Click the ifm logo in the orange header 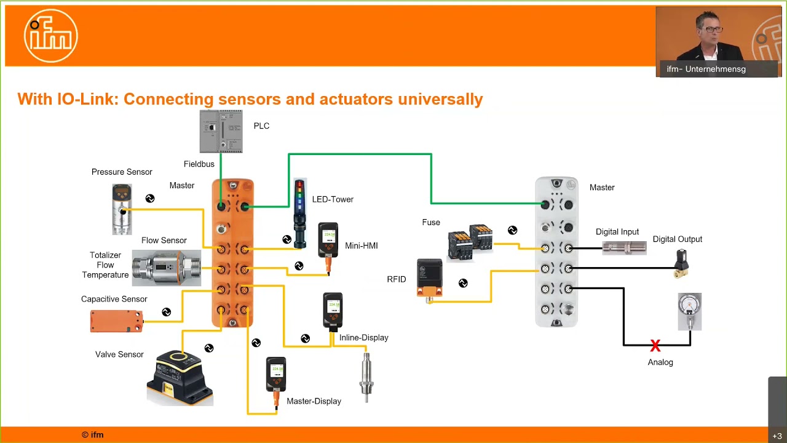(51, 36)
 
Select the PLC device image (221, 131)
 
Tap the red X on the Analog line (655, 346)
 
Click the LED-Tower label (332, 199)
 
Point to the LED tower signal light (299, 212)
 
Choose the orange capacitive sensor (116, 321)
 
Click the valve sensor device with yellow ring (180, 377)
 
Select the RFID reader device (429, 278)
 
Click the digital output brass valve (681, 264)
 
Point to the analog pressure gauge (689, 311)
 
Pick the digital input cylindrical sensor (624, 248)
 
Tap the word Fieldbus (199, 164)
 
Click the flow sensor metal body (166, 268)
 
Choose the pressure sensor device (122, 209)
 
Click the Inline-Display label (363, 338)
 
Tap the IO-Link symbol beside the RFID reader (463, 283)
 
